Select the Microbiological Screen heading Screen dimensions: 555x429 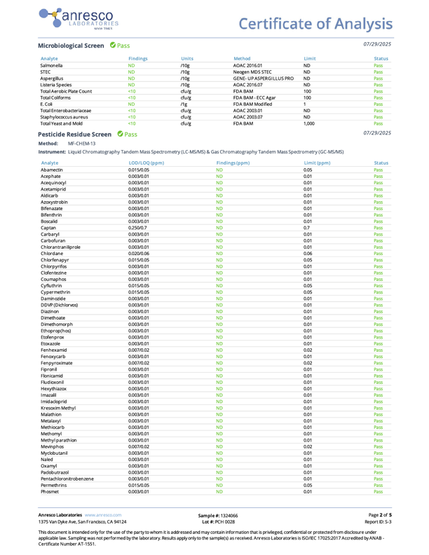tap(71, 45)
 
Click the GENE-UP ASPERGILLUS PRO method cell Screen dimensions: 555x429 tap(263, 84)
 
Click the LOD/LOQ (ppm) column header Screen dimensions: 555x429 tap(146, 162)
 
